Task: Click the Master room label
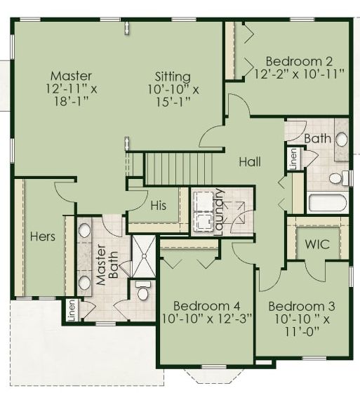[x=71, y=76]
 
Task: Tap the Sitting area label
[x=173, y=76]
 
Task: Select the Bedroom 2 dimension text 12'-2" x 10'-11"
[x=300, y=74]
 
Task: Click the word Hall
[x=250, y=161]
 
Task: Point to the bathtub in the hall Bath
[x=328, y=203]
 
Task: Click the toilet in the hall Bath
[x=338, y=178]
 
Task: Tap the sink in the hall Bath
[x=341, y=140]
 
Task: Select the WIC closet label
[x=317, y=244]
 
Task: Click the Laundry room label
[x=218, y=212]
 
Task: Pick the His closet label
[x=159, y=206]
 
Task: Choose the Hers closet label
[x=43, y=237]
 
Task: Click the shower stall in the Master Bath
[x=144, y=256]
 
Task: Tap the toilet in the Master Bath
[x=143, y=291]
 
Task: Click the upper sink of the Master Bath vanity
[x=84, y=230]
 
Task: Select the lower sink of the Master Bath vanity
[x=84, y=283]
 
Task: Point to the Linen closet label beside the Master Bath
[x=72, y=310]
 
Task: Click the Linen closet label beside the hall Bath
[x=293, y=159]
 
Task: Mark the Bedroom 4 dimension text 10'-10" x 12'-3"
[x=206, y=319]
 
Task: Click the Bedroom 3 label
[x=302, y=306]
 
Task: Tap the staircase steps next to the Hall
[x=179, y=168]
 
